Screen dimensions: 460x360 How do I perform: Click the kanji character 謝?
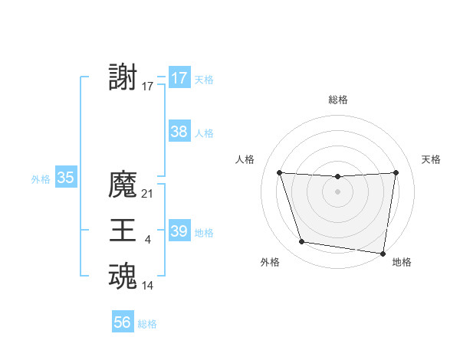click(123, 77)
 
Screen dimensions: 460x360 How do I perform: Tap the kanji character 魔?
click(123, 185)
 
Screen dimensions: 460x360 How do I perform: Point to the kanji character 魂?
click(123, 277)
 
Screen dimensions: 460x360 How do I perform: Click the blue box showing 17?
click(179, 78)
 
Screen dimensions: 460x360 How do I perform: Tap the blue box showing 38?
click(179, 132)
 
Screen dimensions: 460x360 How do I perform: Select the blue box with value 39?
click(179, 231)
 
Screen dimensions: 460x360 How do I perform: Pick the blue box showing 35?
click(65, 178)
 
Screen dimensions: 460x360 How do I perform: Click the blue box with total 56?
click(123, 322)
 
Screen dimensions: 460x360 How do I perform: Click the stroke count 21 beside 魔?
click(148, 195)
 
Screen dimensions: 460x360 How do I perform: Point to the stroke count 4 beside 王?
click(148, 241)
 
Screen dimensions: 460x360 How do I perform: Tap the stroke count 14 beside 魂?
click(148, 286)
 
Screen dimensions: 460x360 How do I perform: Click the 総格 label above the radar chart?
click(338, 100)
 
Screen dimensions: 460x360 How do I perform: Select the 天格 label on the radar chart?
click(431, 159)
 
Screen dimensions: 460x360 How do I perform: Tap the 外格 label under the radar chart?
click(270, 262)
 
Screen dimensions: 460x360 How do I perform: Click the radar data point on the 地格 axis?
click(383, 253)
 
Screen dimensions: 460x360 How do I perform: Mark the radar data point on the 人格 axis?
click(280, 173)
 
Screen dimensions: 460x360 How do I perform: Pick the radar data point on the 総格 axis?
click(338, 177)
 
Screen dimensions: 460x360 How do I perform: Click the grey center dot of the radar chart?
click(338, 191)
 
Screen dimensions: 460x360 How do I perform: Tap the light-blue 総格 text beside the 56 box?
click(147, 324)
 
